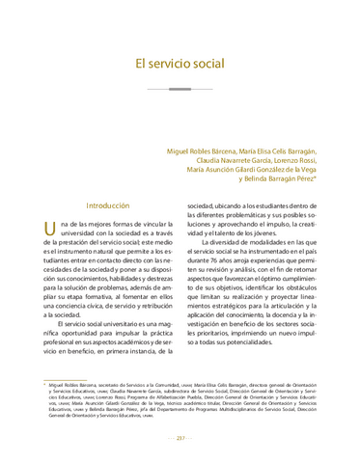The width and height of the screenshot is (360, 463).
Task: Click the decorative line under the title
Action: [180, 89]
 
